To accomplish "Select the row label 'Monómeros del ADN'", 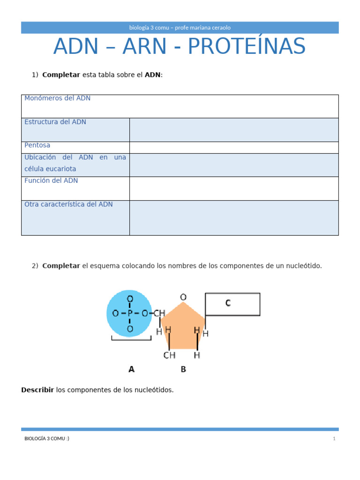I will [x=57, y=98].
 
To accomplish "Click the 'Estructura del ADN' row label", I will [x=55, y=122].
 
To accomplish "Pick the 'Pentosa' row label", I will [x=37, y=145].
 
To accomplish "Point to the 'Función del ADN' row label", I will [x=51, y=180].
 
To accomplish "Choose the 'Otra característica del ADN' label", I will [x=68, y=204].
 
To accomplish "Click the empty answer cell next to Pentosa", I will [x=233, y=147].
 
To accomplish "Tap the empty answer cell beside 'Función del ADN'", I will [x=233, y=188].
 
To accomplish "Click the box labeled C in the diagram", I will [x=232, y=304].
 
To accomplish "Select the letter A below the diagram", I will [x=131, y=369].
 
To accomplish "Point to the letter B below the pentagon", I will [x=183, y=369].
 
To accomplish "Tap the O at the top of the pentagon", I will [x=183, y=297].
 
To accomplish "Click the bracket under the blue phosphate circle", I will [x=131, y=338].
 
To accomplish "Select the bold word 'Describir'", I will [x=37, y=390].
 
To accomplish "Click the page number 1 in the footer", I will [x=334, y=439].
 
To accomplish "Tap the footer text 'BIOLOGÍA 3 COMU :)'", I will [x=47, y=439].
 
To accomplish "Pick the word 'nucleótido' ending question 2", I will [x=303, y=266].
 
